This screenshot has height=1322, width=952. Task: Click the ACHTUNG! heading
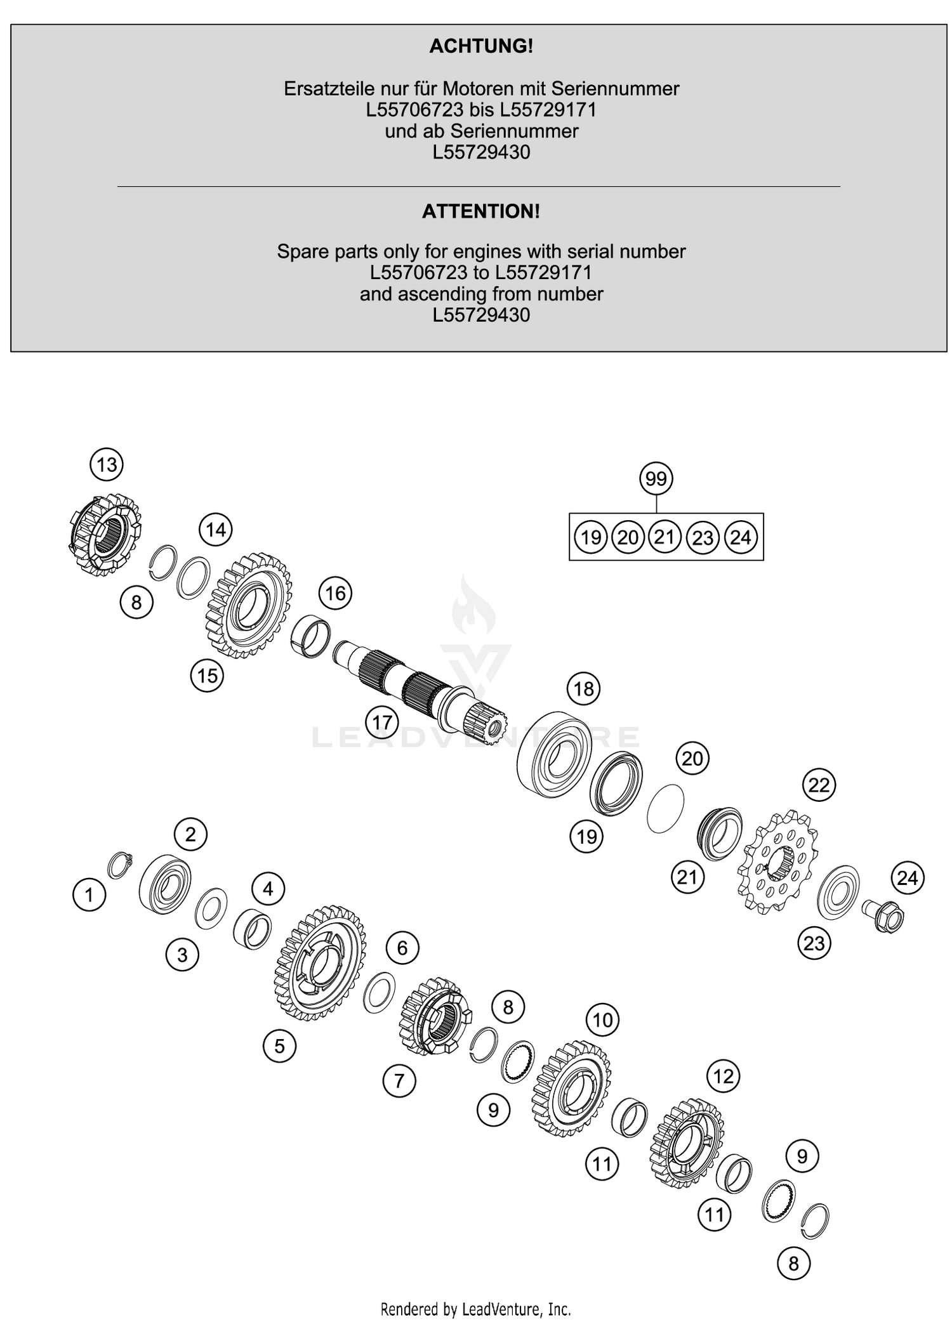click(480, 46)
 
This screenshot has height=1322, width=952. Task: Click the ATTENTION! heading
click(480, 211)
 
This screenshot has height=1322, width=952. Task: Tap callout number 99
click(656, 478)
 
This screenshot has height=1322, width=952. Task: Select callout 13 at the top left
click(106, 464)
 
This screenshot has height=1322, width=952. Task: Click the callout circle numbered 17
click(382, 722)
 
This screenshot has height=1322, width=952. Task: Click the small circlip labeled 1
click(119, 865)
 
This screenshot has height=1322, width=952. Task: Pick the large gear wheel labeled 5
click(319, 963)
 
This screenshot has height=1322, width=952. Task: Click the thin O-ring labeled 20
click(665, 808)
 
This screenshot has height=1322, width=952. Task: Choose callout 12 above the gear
click(723, 1076)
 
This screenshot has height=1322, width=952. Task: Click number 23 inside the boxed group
click(703, 538)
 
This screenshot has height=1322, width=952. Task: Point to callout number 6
click(402, 948)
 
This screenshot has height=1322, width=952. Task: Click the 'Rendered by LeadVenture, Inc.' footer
click(475, 1309)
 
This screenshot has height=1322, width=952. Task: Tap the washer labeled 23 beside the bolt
click(838, 891)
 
